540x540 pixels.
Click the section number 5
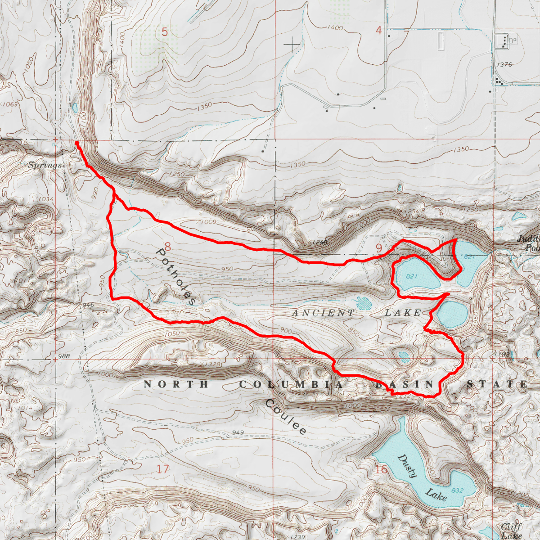pos(165,32)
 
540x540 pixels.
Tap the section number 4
pos(378,31)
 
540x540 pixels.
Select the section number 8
pos(167,247)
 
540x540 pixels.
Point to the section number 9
pos(378,248)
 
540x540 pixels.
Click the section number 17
pos(163,469)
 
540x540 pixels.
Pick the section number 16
pos(381,470)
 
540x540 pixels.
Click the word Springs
pos(45,165)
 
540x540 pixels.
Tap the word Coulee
pos(286,417)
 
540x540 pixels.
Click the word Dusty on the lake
pos(408,466)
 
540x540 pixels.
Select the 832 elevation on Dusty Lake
pos(457,490)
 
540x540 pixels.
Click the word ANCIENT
pos(324,313)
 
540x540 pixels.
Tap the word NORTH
pos(176,384)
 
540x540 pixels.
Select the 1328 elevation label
pos(212,364)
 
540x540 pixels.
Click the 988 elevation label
pos(64,357)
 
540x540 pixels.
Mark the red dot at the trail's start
pos(77,143)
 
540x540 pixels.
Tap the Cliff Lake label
pos(512,531)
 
